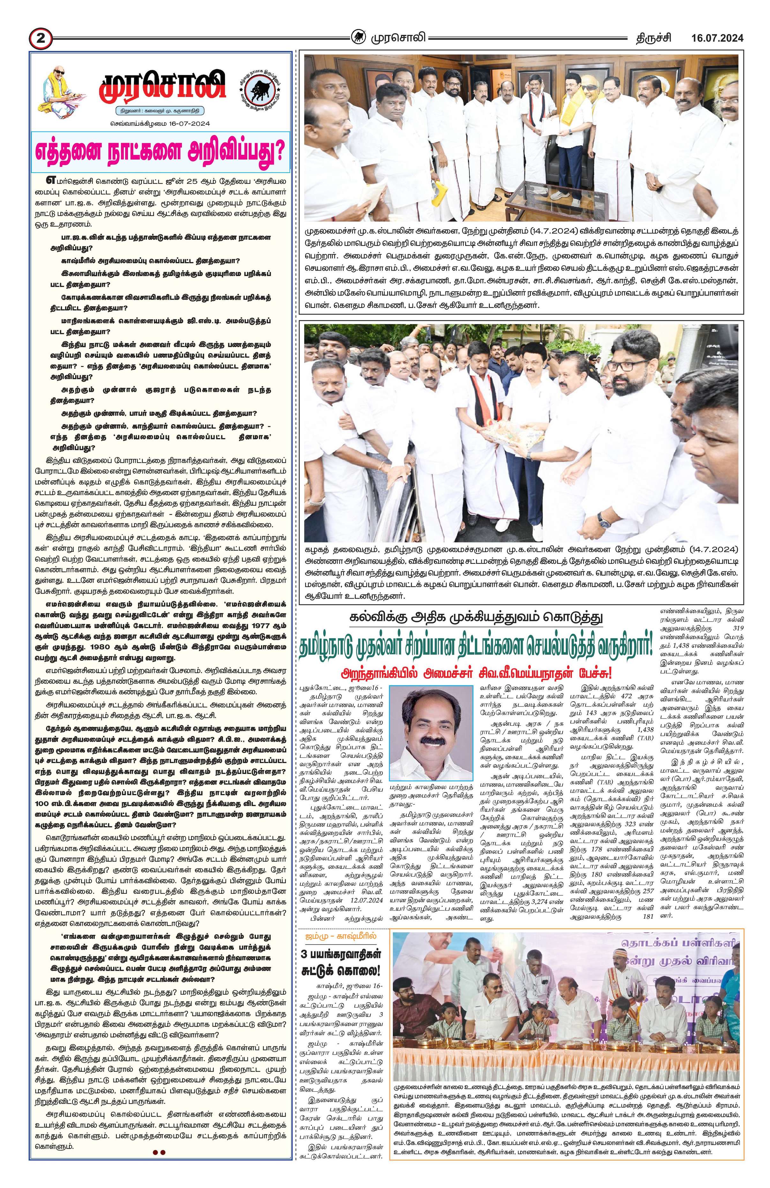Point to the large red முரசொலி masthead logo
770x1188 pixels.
[x=161, y=85]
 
